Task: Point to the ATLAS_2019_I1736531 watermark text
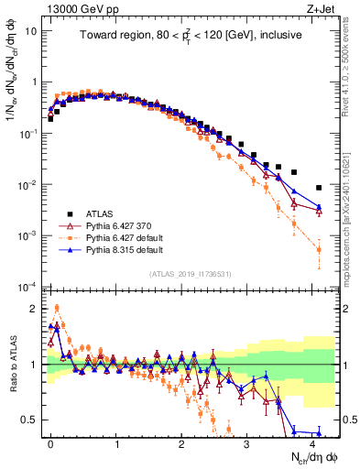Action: coord(191,273)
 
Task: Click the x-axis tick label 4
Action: coord(312,442)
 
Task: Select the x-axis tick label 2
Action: coord(181,442)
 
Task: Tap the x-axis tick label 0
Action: coord(50,442)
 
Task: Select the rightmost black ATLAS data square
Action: coord(319,188)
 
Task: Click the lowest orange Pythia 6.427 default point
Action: coord(319,249)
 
